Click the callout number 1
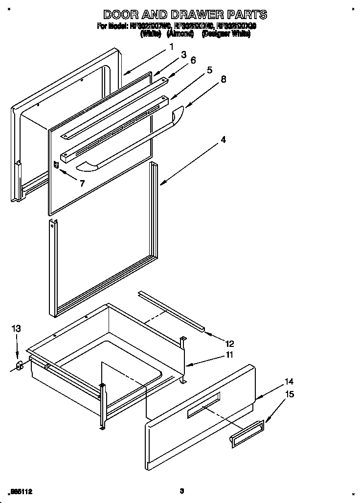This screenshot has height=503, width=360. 172,47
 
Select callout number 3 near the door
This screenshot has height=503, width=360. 183,55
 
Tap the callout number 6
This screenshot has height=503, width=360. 193,60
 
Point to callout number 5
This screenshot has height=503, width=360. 210,70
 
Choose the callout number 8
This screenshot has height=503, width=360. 224,79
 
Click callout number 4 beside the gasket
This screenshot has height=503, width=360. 223,140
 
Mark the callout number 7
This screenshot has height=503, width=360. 82,184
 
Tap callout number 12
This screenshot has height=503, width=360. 229,343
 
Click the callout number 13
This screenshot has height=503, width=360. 16,329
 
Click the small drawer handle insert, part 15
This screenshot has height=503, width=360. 247,434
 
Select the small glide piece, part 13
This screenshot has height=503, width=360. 20,366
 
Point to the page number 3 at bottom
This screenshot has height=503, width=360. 181,491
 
